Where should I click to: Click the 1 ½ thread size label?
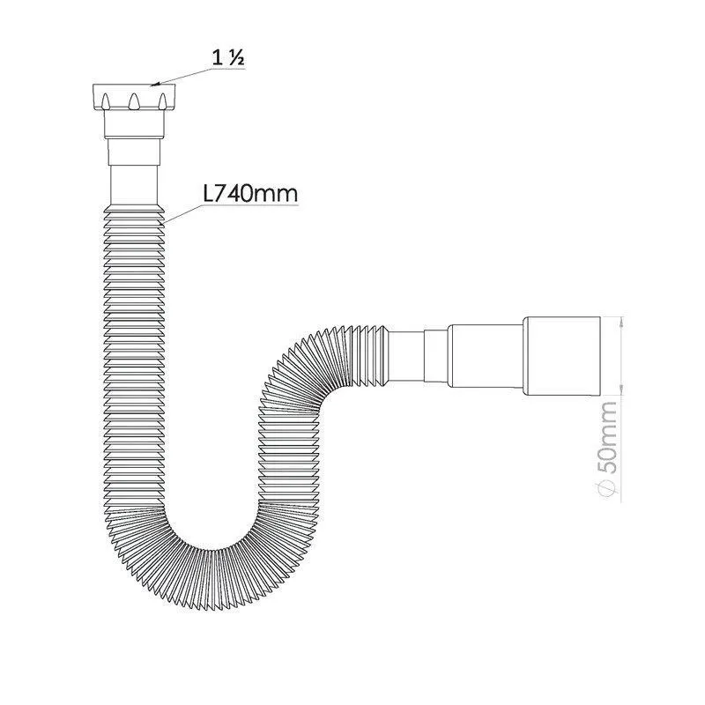(228, 57)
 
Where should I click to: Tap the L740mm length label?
(250, 194)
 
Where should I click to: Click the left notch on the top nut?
(105, 101)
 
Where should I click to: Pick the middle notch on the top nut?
(134, 101)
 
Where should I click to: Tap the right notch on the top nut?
(162, 101)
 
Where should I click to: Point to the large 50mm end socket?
(561, 356)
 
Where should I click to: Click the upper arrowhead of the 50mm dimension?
(621, 322)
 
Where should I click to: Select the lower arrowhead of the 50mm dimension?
(621, 390)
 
